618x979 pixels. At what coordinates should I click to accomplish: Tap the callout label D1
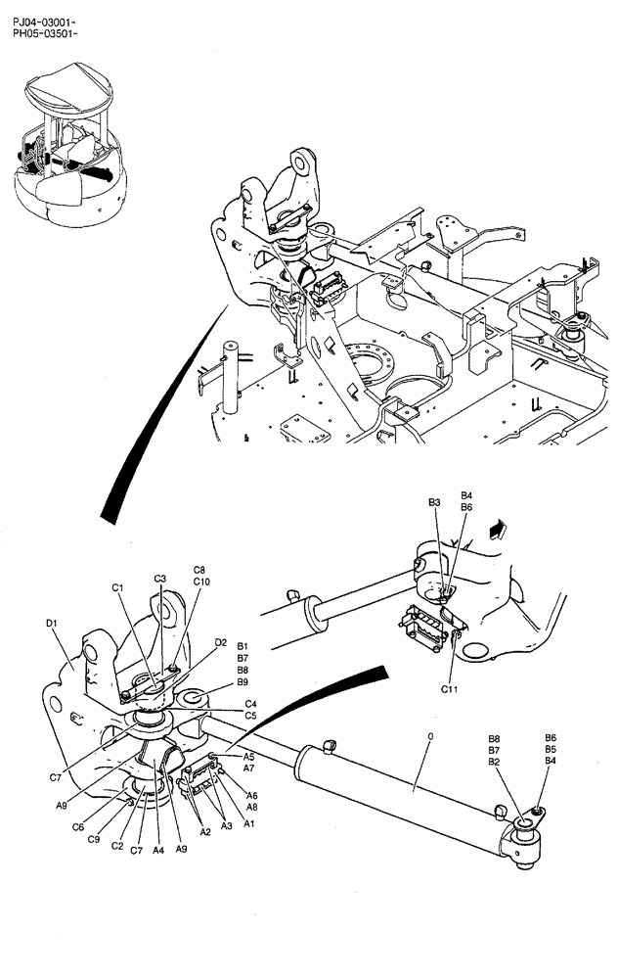(53, 623)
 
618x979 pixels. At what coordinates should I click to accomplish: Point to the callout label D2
(221, 642)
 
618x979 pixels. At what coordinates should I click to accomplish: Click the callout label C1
(117, 587)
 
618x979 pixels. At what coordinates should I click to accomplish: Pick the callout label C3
(159, 580)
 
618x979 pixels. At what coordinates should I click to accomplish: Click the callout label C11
(450, 689)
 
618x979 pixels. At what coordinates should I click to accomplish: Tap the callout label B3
(434, 502)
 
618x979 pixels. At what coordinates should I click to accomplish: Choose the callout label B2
(495, 762)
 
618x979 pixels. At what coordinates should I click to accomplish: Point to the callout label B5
(551, 749)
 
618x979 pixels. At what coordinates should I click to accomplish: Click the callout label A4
(156, 851)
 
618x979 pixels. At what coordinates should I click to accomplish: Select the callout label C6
(78, 827)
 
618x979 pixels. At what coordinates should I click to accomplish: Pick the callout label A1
(250, 823)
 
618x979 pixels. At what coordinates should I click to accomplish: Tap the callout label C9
(94, 839)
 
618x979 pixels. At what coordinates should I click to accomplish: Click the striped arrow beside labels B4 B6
(498, 529)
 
